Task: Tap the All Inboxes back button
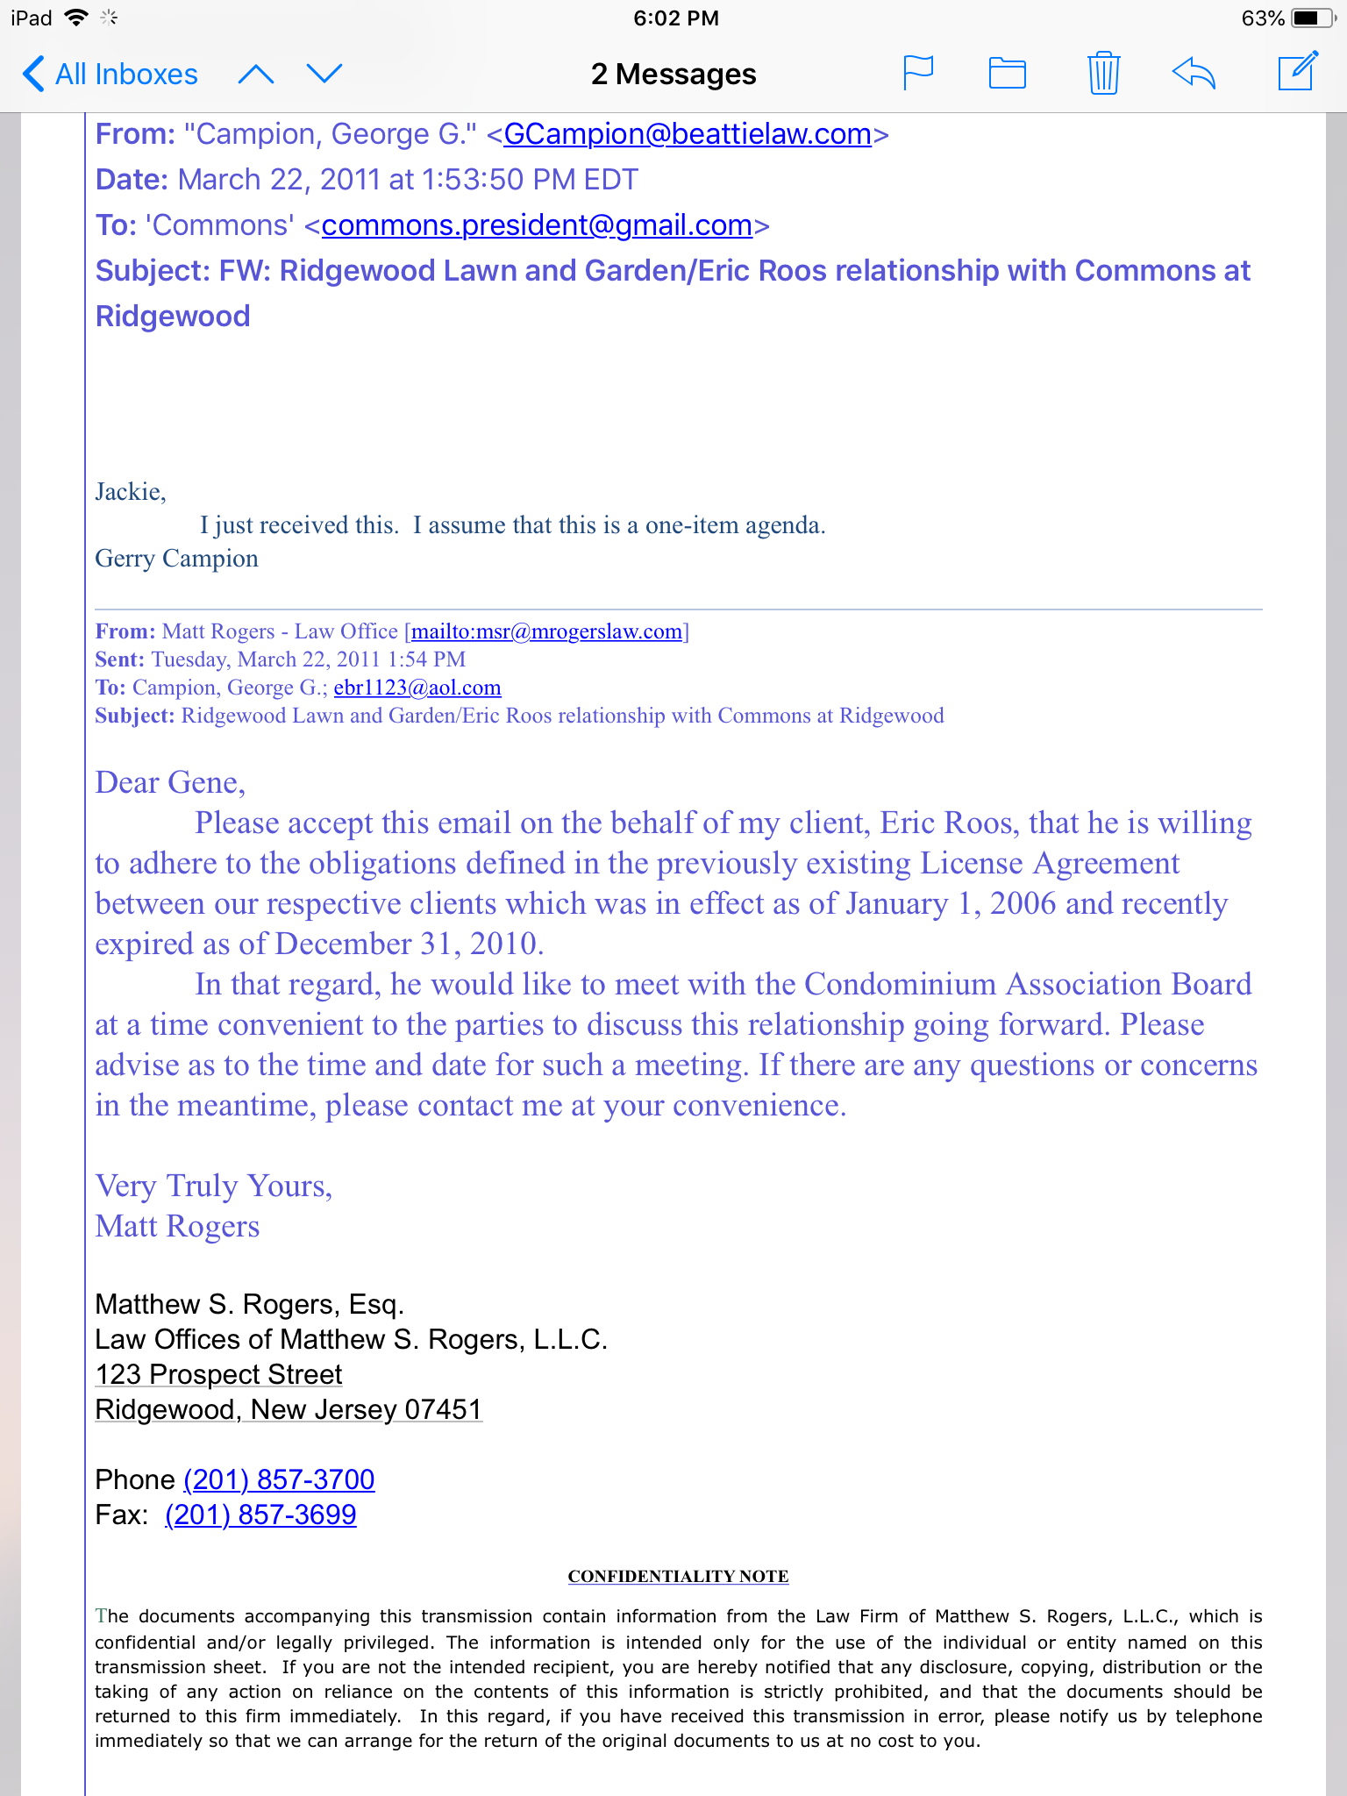[110, 75]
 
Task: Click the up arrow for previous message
[256, 75]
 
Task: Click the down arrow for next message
[324, 74]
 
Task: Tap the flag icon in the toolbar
[918, 73]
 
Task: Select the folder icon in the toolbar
[1008, 73]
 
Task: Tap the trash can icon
[1103, 73]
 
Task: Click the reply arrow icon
[1194, 73]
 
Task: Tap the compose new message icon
[1297, 72]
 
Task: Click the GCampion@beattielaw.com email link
[688, 134]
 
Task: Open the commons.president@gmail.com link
[537, 225]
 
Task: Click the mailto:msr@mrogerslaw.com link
[546, 631]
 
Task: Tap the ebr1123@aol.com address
[417, 688]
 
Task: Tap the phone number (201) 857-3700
[279, 1479]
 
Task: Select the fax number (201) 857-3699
[260, 1514]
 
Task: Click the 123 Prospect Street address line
[218, 1374]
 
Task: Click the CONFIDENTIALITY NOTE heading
[678, 1576]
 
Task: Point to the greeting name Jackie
[129, 492]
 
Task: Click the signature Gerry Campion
[176, 559]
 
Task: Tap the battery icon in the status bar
[1312, 18]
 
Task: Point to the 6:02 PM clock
[676, 18]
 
